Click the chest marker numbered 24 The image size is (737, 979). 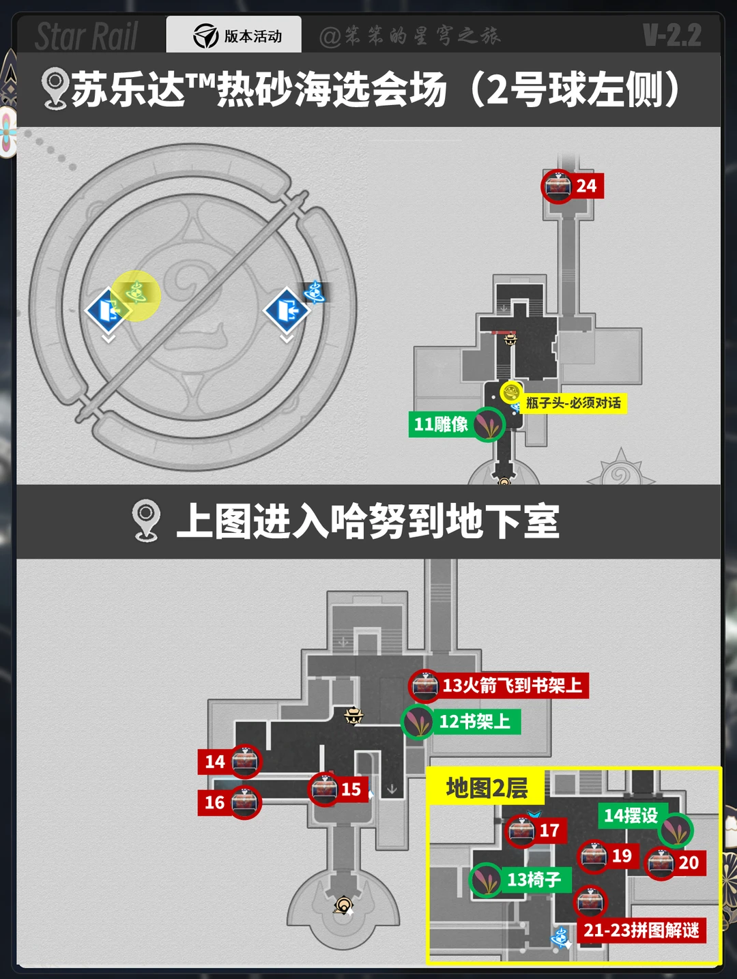pos(558,186)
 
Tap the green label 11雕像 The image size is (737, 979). pos(442,424)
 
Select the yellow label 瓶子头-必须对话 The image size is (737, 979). pos(573,403)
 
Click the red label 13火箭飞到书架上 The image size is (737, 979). pos(512,686)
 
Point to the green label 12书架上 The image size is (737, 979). pos(474,722)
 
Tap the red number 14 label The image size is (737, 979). pos(215,761)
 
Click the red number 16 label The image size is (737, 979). pos(215,802)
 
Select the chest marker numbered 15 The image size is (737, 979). pos(325,789)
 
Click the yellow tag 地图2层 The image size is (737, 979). pos(487,788)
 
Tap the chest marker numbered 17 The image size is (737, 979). pos(521,831)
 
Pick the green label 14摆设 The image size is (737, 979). pos(631,815)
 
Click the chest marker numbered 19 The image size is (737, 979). pos(594,856)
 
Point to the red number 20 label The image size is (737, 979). pos(689,862)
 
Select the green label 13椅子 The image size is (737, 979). pos(534,880)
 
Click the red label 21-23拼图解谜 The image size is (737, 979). pos(641,930)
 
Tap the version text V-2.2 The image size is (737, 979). pos(671,35)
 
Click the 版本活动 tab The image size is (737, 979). pos(234,35)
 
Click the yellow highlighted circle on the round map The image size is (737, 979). pos(136,295)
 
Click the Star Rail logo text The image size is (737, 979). pos(87,36)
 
